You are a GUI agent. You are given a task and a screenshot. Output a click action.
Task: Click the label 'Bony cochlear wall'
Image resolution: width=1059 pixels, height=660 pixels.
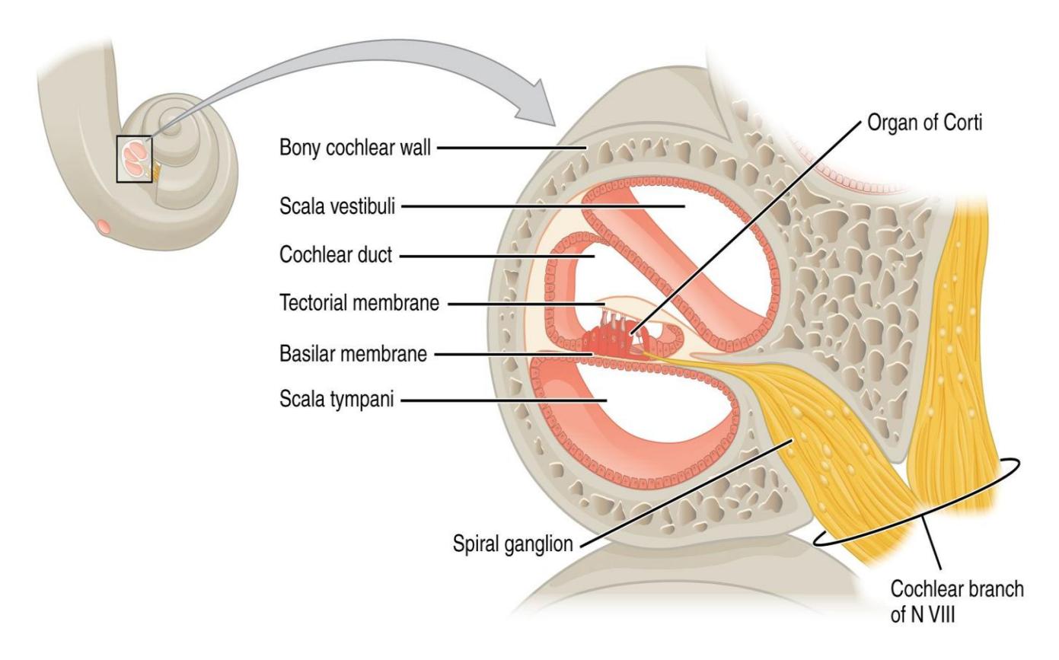355,148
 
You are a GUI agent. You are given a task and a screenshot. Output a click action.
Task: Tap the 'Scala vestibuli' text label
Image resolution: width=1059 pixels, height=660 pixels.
337,206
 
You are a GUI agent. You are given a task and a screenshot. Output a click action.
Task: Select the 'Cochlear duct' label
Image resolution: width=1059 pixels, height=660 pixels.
336,255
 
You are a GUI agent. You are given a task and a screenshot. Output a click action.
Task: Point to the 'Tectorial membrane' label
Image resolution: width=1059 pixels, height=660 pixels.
359,303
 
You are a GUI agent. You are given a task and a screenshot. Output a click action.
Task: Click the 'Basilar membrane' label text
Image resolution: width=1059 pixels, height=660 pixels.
353,354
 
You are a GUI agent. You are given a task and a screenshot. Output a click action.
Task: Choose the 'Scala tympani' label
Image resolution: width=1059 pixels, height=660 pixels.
337,400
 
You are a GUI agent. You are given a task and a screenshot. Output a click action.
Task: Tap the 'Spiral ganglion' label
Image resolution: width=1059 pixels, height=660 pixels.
513,544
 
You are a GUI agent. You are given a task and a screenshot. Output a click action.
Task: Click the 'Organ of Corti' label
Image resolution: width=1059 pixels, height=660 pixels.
925,123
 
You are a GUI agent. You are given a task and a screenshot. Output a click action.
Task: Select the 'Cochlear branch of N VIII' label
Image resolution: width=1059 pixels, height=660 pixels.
957,602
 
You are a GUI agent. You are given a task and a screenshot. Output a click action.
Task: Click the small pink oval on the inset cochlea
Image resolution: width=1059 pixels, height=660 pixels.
104,227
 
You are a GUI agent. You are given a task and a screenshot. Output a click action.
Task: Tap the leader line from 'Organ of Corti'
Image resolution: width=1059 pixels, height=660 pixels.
745,228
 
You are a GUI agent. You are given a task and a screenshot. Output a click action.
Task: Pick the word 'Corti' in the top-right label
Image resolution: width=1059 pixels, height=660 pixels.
962,123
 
